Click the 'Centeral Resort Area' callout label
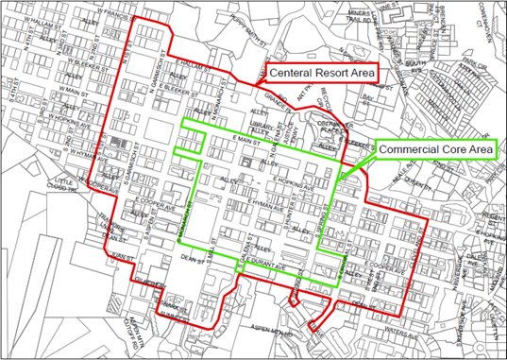pos(322,73)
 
